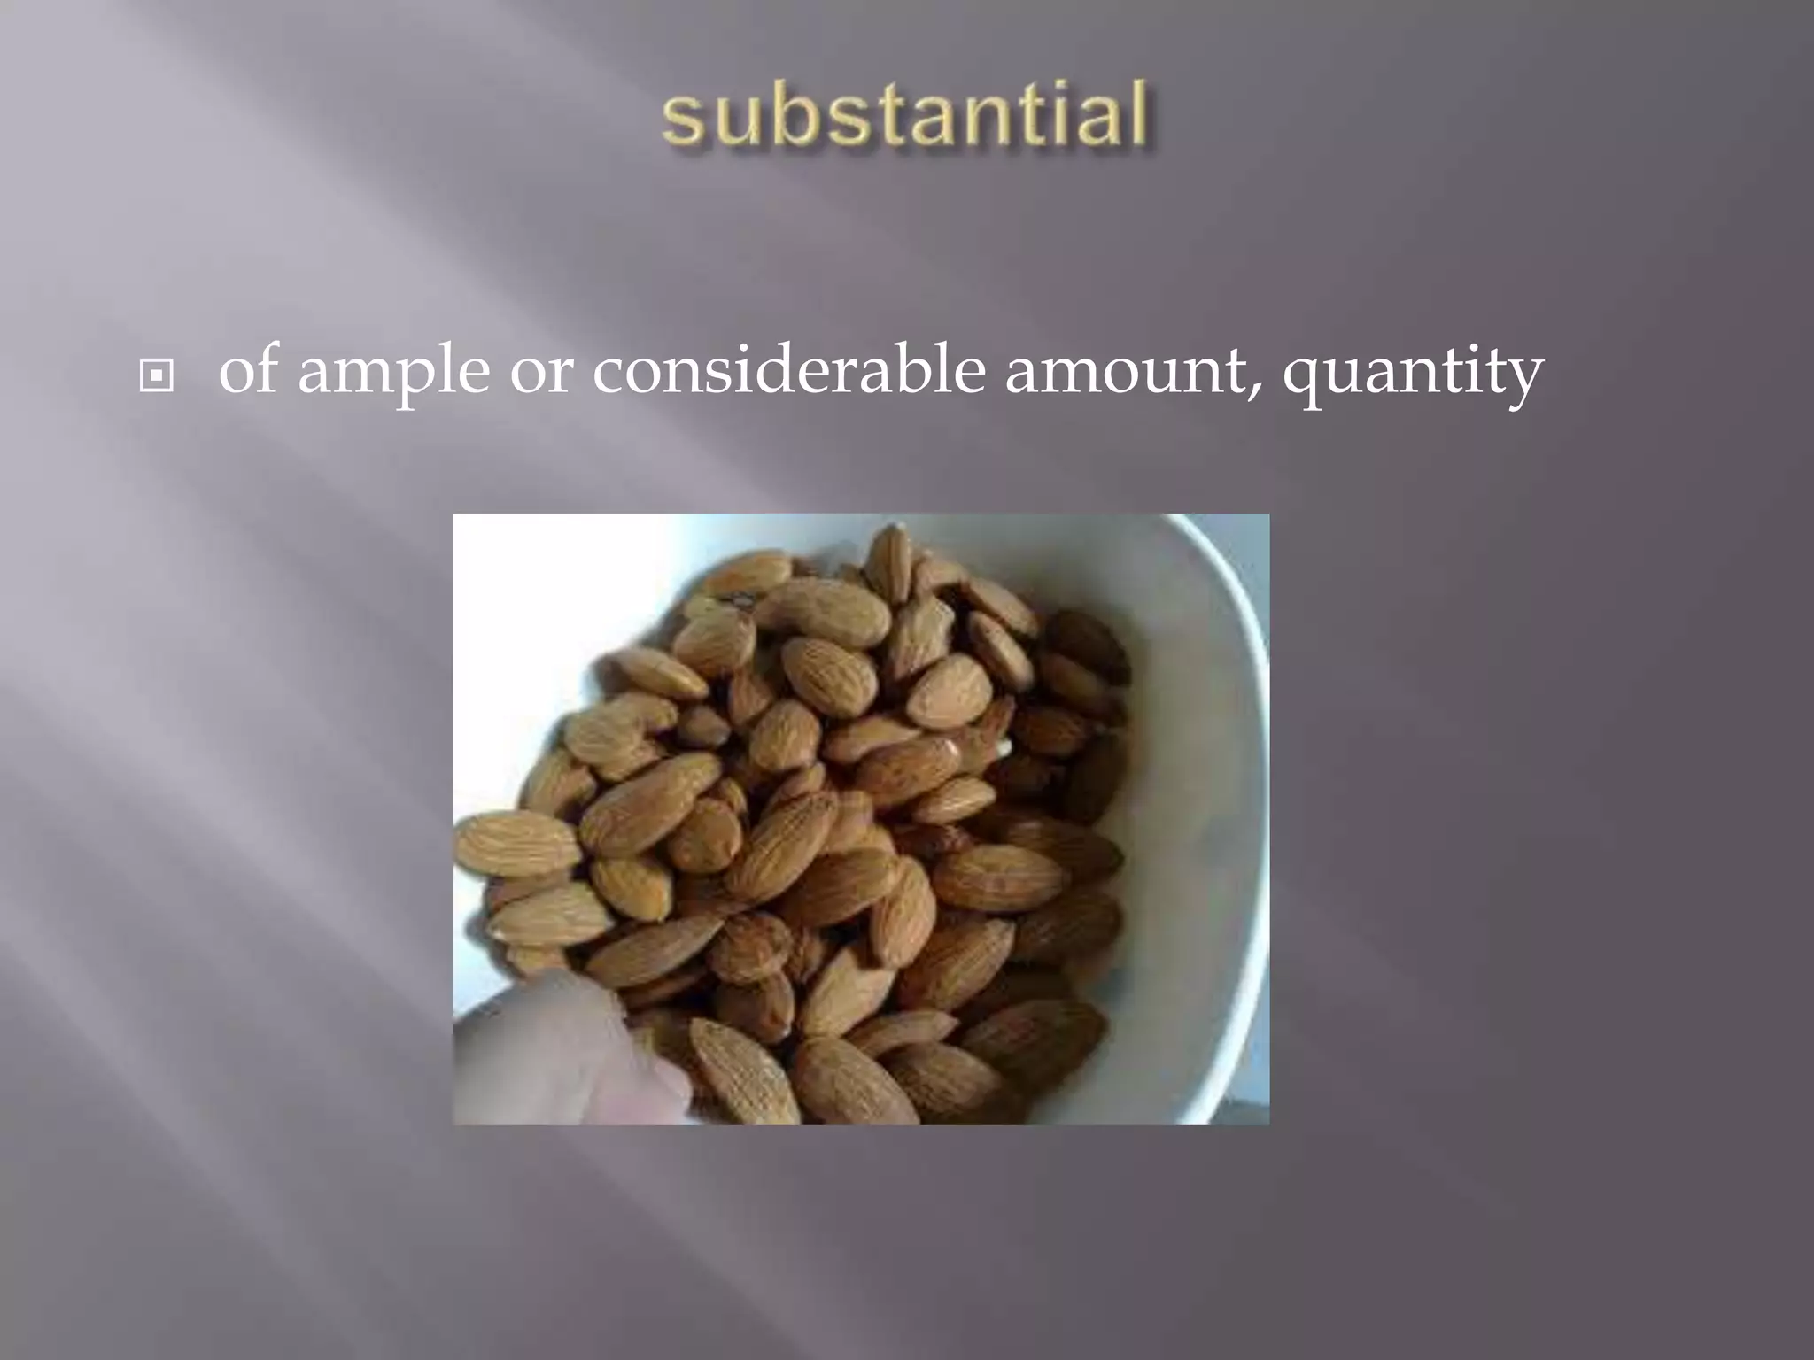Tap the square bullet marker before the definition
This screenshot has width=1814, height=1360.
(x=157, y=376)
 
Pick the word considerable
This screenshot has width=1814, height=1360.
(x=788, y=371)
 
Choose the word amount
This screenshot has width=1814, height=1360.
(x=1124, y=373)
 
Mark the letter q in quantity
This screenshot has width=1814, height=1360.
(x=1305, y=381)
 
